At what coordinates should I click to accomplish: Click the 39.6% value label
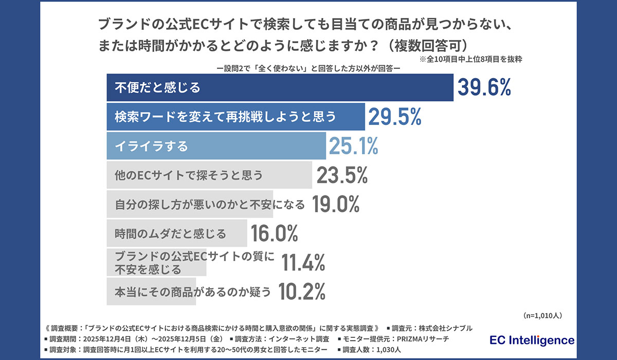(484, 88)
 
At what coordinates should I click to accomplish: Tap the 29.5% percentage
(394, 117)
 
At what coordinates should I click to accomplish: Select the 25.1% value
(353, 147)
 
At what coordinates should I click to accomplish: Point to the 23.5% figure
(342, 176)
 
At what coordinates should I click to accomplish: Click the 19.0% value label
(334, 205)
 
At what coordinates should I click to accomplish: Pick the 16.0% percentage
(274, 234)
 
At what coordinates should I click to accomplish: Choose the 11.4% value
(303, 263)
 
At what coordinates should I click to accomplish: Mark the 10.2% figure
(302, 292)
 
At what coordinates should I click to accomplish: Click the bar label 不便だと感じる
(157, 88)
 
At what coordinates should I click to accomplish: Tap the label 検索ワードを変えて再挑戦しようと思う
(225, 117)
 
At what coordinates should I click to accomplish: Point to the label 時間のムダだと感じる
(170, 234)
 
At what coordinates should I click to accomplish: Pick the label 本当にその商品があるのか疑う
(192, 292)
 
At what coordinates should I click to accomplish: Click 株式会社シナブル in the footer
(444, 328)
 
